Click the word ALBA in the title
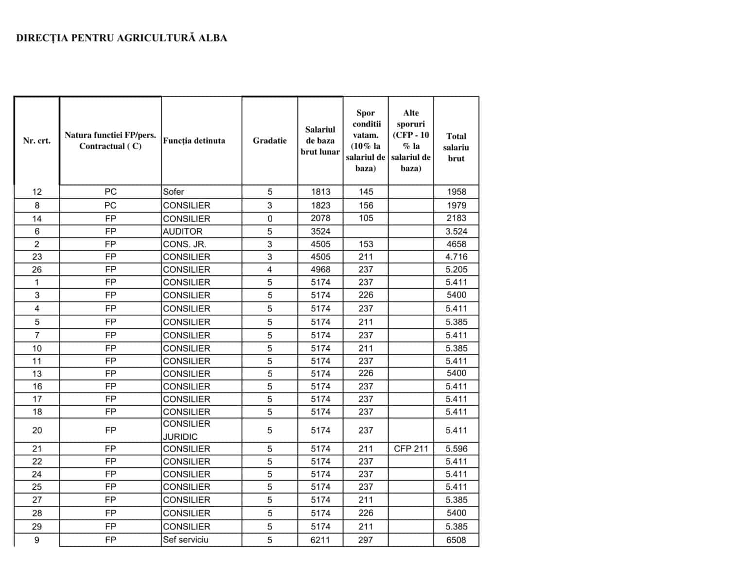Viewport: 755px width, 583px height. coord(212,38)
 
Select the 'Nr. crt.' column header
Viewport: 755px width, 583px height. coord(36,141)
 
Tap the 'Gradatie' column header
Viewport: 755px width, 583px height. coord(269,141)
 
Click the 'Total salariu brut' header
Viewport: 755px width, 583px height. coord(456,147)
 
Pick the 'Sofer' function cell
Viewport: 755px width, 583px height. coord(174,192)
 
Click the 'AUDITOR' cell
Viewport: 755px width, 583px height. coord(182,232)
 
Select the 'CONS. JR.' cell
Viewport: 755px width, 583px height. coord(184,244)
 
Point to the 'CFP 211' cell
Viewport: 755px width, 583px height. coord(411,449)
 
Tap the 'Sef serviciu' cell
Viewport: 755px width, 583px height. coord(185,540)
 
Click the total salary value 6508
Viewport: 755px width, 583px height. coord(456,540)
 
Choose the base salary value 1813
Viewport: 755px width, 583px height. coord(320,192)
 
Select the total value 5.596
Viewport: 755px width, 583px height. coord(456,449)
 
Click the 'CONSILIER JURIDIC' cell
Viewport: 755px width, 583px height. coord(186,430)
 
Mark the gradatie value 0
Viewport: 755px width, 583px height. coord(270,219)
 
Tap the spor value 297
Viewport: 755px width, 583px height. coord(366,540)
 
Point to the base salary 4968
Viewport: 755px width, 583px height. coord(320,270)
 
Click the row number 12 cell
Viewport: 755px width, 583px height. coord(36,192)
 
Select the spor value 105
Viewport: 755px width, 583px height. coord(366,219)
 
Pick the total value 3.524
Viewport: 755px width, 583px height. coord(456,232)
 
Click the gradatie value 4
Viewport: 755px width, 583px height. coord(270,270)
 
